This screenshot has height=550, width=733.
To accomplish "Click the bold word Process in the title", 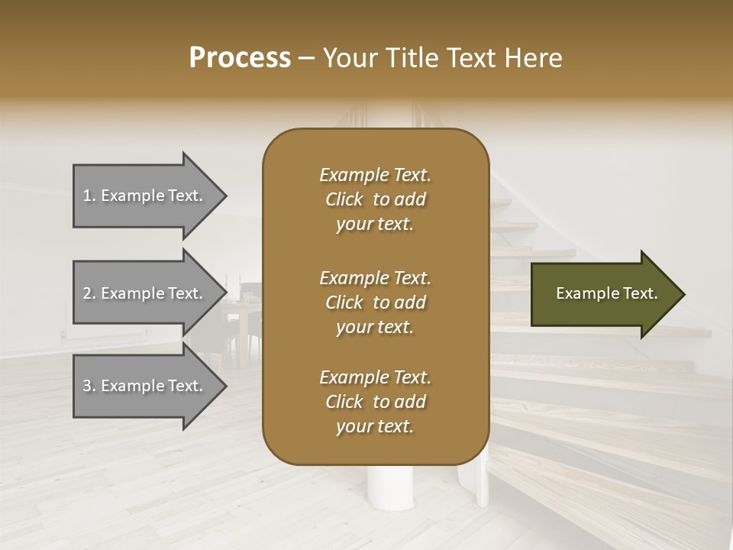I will coord(240,58).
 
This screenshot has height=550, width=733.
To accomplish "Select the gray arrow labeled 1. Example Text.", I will coord(145,196).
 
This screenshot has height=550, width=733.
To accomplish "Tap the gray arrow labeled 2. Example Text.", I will coord(145,293).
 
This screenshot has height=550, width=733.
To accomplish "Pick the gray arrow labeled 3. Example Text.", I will coord(145,386).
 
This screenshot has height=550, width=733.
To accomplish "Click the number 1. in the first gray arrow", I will coord(89,196).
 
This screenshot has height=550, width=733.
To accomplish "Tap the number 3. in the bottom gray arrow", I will coord(89,386).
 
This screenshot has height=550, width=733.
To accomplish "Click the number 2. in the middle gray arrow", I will coord(89,293).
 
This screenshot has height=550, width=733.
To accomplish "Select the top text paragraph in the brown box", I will coord(375,199).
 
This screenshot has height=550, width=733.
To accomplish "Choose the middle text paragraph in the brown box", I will coord(375,302).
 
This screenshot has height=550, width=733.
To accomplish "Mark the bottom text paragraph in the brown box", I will coord(375,402).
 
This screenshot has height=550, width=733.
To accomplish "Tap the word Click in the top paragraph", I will coord(344,199).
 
